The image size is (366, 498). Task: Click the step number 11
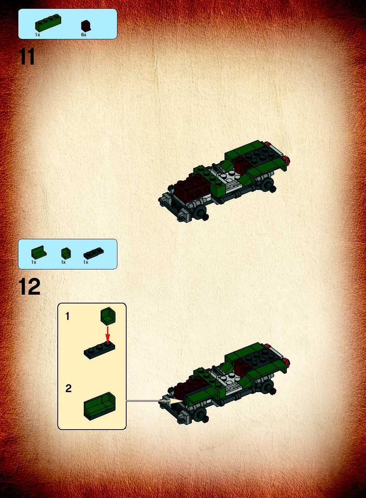(27, 57)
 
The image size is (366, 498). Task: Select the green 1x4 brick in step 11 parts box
(48, 22)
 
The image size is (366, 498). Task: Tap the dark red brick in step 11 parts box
(86, 26)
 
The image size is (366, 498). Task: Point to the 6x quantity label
(84, 35)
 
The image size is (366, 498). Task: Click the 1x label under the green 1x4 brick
(37, 35)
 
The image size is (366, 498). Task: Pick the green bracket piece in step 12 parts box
(39, 252)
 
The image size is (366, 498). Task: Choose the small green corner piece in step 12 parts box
(66, 253)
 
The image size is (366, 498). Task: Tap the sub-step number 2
(68, 388)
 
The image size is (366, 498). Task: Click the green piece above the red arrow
(108, 316)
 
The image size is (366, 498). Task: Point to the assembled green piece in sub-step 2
(100, 406)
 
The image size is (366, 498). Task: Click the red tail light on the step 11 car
(288, 160)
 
